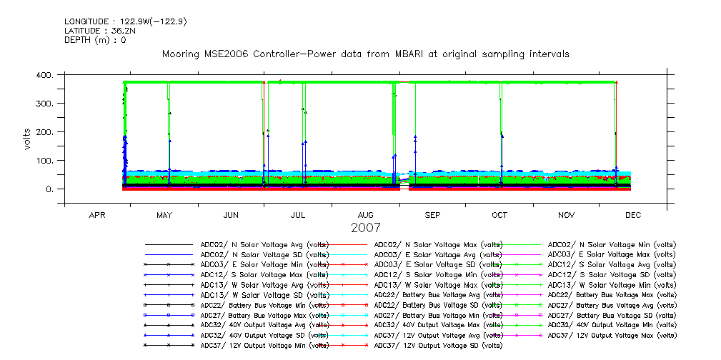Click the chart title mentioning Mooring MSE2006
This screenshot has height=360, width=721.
(x=365, y=54)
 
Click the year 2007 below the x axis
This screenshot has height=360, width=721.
(x=365, y=228)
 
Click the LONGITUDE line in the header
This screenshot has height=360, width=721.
(x=126, y=21)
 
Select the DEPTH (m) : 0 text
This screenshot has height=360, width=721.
(x=95, y=40)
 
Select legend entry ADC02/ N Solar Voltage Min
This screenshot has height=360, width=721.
(x=612, y=244)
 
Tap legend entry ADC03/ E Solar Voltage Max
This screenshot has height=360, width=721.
(x=612, y=254)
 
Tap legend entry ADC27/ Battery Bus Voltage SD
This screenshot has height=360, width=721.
(x=612, y=314)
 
